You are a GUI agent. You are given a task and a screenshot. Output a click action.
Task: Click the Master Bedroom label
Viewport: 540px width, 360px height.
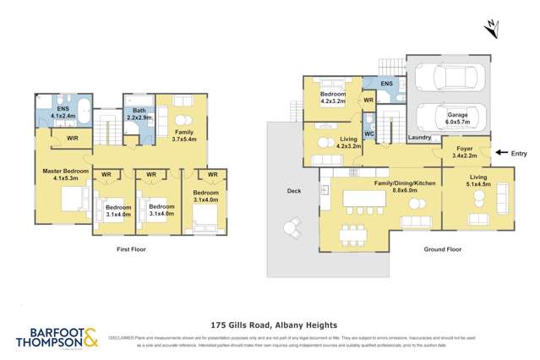(x=65, y=174)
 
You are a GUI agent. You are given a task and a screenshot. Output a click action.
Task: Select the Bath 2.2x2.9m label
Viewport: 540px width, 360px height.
(x=139, y=116)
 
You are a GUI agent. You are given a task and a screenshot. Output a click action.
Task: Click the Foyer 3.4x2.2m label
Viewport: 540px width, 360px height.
(x=464, y=152)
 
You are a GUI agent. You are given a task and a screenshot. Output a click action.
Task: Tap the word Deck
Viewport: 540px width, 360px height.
(x=293, y=191)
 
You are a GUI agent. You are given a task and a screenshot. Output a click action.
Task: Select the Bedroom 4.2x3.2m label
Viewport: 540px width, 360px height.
(x=331, y=97)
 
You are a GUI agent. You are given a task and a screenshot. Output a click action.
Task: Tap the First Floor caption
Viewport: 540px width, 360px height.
(x=134, y=250)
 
